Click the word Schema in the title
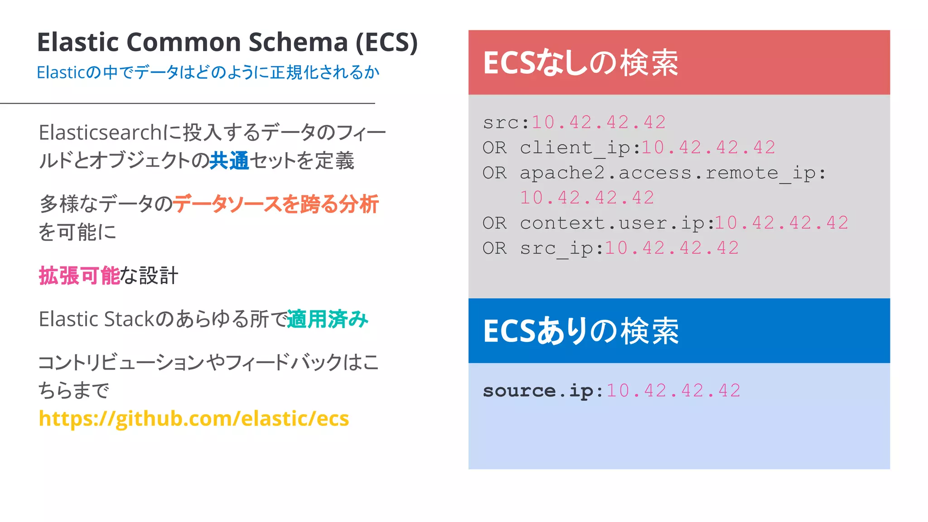[x=298, y=42]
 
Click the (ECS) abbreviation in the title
[x=386, y=42]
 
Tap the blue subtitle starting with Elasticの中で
[x=208, y=72]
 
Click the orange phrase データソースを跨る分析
[x=275, y=204]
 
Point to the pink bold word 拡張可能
[x=79, y=275]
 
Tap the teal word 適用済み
[x=328, y=319]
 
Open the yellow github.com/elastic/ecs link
[x=194, y=418]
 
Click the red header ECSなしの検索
[x=581, y=63]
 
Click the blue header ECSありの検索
[x=581, y=331]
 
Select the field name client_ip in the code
[x=576, y=148]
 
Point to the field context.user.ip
[x=613, y=223]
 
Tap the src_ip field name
[x=558, y=248]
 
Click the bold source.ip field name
[x=539, y=391]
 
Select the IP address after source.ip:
[x=673, y=391]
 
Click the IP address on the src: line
[x=599, y=122]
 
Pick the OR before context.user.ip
[x=494, y=223]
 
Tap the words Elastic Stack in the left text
[x=97, y=319]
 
